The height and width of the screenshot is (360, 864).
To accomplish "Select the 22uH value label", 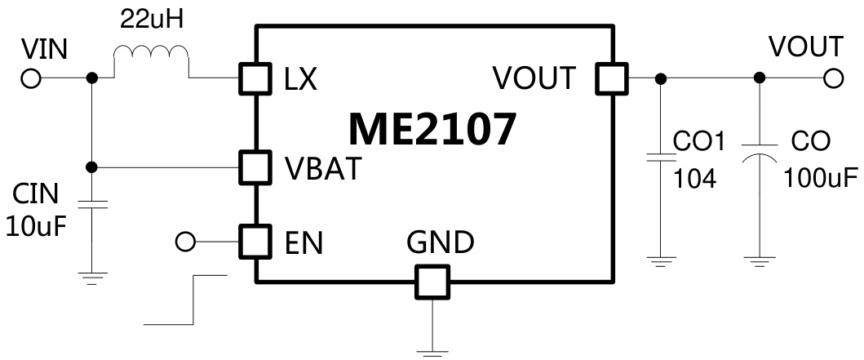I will pos(152,18).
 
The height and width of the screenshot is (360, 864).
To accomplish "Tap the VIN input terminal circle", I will pos(32,78).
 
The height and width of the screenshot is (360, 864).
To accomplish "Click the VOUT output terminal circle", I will pos(832,78).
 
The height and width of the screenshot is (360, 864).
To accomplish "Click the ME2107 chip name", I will pos(432,129).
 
